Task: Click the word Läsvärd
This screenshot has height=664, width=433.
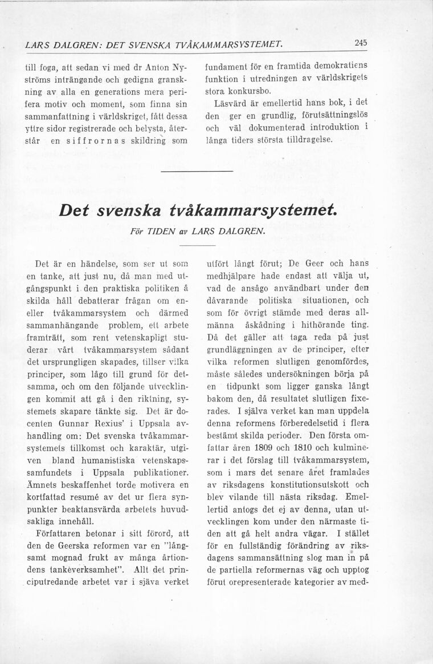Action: point(232,102)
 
